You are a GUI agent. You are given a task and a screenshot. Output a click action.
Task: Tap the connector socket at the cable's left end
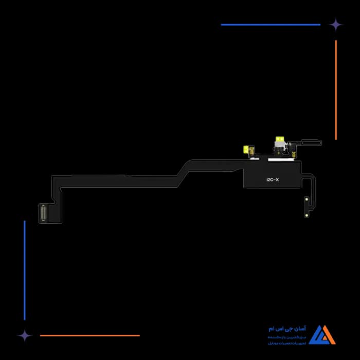[x=43, y=212]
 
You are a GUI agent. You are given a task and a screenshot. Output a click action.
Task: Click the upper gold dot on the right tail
[x=307, y=197]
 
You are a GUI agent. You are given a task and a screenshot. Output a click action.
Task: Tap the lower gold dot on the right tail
[x=307, y=209]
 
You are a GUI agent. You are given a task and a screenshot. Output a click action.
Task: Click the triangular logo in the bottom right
[x=322, y=334]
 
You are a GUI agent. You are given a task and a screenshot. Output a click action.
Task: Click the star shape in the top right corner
[x=336, y=24]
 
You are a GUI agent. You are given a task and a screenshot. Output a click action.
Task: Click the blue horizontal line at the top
[x=271, y=24]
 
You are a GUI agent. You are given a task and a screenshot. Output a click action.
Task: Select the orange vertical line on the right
[x=336, y=90]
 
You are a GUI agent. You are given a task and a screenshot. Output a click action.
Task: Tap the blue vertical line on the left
[x=24, y=270]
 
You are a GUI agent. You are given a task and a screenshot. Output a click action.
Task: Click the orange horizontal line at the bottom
[x=90, y=335]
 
